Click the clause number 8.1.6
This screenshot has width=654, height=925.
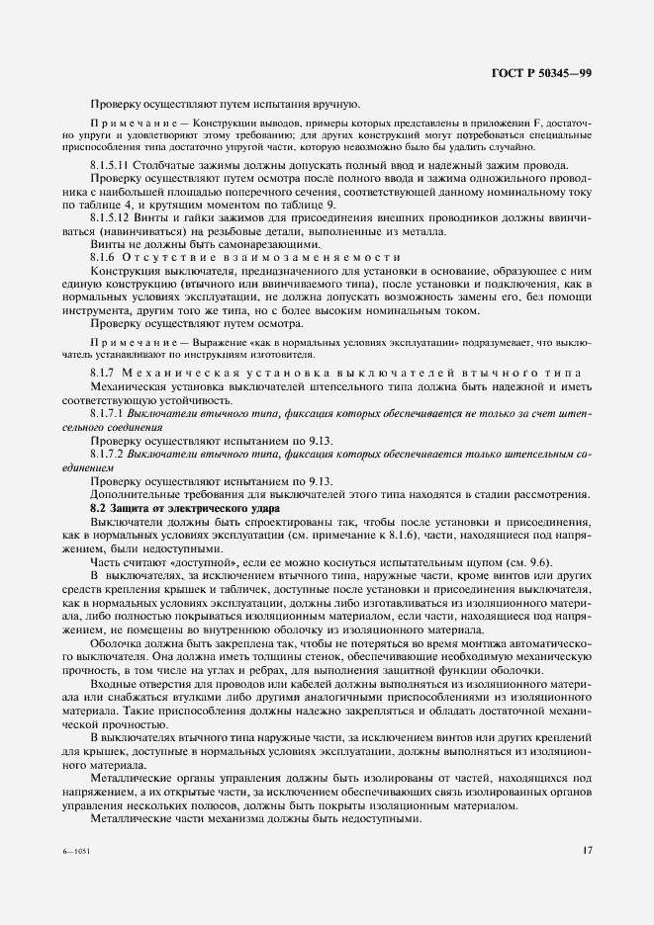coord(103,256)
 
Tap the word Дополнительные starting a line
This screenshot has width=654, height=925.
coord(138,493)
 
